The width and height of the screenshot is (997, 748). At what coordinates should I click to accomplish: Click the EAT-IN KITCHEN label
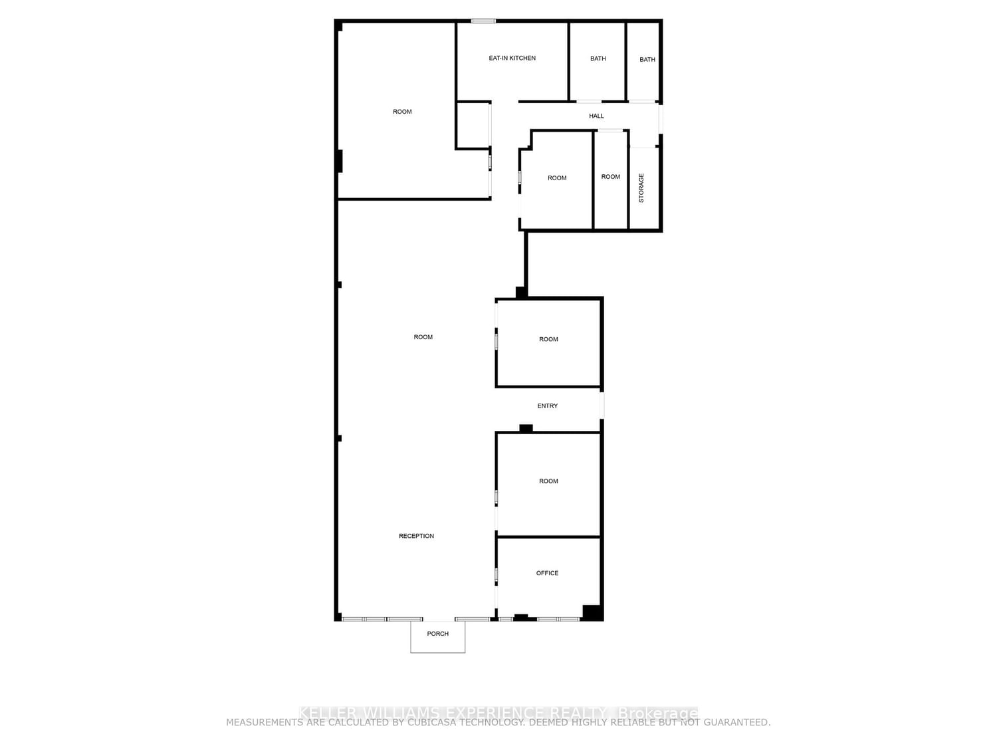pos(512,59)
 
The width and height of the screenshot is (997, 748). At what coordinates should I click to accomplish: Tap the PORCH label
pos(437,634)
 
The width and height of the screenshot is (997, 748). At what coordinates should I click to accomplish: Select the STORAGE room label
pos(641,188)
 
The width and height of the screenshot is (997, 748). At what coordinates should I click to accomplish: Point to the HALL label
pos(596,116)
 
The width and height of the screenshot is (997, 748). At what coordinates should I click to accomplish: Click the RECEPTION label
pos(416,537)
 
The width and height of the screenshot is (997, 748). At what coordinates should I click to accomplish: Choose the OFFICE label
pos(547,573)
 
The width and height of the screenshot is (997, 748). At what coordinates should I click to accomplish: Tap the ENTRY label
pos(547,406)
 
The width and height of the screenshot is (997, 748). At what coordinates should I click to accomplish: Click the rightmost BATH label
pos(647,60)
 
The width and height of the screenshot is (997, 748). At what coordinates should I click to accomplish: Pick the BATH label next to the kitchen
pos(598,59)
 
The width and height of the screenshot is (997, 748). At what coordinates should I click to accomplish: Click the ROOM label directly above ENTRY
pos(548,340)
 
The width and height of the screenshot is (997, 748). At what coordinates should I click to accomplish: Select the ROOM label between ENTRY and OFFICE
pos(548,481)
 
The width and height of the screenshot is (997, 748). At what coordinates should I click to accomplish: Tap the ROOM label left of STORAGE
pos(610,177)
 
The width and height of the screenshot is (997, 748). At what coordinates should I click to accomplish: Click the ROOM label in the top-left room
pos(402,112)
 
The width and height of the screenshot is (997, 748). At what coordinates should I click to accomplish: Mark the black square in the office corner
pos(592,612)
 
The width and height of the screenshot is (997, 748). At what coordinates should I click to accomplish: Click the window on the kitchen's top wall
pos(483,21)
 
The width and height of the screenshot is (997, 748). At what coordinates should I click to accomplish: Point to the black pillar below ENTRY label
pos(526,428)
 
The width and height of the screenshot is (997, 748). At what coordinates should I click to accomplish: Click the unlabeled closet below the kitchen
pos(473,125)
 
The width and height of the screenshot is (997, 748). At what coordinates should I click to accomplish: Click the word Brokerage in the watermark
pos(658,713)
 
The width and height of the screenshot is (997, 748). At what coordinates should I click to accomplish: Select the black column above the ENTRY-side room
pos(522,292)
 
